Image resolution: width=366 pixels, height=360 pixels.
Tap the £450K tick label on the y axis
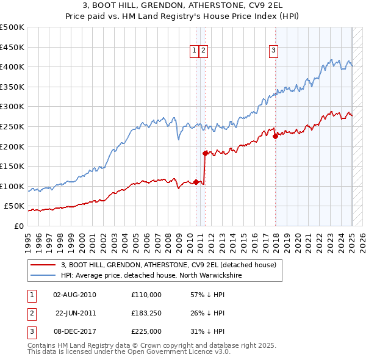(12, 47)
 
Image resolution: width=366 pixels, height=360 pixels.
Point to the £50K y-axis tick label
(14, 206)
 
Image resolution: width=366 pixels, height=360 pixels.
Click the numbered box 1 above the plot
(194, 51)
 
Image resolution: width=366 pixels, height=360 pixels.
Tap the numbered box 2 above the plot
(203, 51)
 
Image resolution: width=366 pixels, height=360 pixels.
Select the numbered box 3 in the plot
(274, 51)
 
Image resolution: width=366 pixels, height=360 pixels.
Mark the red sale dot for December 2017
(276, 137)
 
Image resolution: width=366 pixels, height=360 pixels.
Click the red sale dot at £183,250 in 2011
(205, 153)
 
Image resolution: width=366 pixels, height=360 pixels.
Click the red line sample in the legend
(43, 265)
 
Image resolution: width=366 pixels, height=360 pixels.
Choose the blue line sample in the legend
(43, 275)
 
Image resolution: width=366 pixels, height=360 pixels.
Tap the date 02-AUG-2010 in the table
(75, 295)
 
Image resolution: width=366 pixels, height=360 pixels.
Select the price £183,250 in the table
(146, 313)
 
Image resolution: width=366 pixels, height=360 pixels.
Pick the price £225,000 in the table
(146, 331)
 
